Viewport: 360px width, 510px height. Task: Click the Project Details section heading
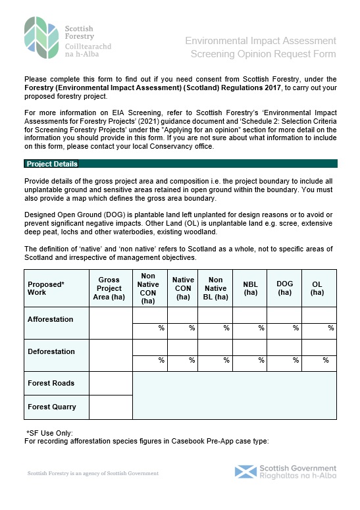point(51,164)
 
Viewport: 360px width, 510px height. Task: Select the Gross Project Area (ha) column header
point(109,288)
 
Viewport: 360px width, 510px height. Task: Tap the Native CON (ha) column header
point(184,288)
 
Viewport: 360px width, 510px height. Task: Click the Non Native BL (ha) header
point(215,288)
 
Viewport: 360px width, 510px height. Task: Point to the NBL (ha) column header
point(250,288)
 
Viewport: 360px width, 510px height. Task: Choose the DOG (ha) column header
point(284,288)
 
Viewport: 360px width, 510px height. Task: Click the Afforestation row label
point(51,319)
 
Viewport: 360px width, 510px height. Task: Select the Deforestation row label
point(51,351)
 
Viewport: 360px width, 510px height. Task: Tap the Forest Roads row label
point(51,383)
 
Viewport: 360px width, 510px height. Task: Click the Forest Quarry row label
point(52,407)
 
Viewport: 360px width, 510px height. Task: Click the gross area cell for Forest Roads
point(111,383)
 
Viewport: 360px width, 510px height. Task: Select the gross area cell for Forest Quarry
point(111,407)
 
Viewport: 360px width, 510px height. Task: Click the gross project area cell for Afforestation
point(111,323)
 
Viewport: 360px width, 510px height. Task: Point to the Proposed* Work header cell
point(46,288)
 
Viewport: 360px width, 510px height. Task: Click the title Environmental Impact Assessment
point(261,41)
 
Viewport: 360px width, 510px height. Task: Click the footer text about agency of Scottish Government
point(93,473)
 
